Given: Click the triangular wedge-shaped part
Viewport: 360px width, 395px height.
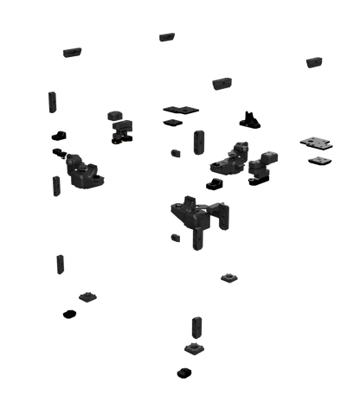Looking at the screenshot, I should click(251, 118).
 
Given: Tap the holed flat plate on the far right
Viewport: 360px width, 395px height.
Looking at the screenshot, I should click(316, 141).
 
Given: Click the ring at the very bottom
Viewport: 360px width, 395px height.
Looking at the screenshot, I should click(184, 373).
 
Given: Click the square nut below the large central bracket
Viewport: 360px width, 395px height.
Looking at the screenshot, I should click(229, 277).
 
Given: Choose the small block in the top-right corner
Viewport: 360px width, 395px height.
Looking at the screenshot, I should click(314, 61).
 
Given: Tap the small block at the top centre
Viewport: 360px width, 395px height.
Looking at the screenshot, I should click(167, 36).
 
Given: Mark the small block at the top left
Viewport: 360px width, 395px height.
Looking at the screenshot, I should click(72, 51).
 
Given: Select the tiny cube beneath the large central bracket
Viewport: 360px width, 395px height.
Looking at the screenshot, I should click(175, 236).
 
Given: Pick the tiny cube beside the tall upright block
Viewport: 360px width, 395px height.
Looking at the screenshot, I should click(176, 154).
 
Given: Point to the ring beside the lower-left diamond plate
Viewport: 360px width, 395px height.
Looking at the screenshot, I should click(69, 313).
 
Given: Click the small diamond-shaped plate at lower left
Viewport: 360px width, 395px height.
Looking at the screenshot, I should click(87, 296).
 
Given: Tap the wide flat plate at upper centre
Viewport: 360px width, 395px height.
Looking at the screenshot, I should click(181, 111).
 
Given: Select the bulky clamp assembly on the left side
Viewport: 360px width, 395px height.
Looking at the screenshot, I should click(81, 169).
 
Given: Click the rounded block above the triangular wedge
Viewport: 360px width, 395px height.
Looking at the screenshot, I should click(222, 83).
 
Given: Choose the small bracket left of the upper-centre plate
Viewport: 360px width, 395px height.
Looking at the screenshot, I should click(120, 125).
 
